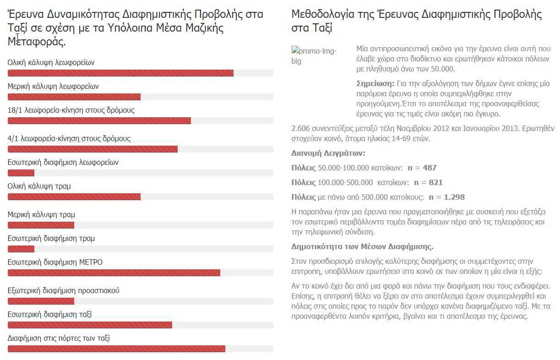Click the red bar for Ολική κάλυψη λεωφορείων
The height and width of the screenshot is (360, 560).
(x=120, y=73)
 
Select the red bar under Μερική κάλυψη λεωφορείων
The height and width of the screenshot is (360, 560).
(x=74, y=97)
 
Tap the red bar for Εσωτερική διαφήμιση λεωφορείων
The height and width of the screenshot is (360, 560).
(x=21, y=173)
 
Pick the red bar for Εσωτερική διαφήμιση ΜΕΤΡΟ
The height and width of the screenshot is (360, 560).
(x=114, y=273)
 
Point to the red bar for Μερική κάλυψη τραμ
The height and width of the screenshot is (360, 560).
(x=41, y=225)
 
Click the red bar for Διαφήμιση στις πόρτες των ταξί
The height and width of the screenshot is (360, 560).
(x=116, y=349)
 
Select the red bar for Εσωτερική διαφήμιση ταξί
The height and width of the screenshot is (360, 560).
(x=90, y=325)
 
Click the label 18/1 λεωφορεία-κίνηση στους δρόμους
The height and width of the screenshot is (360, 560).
(x=71, y=110)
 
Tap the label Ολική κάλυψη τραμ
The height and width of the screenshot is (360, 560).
(x=39, y=186)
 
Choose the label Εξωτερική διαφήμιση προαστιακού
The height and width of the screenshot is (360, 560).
(x=64, y=290)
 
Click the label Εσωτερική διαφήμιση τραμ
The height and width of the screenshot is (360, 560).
(x=51, y=238)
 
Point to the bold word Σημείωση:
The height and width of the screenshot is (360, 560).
(x=375, y=83)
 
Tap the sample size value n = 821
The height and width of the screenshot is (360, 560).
(x=428, y=182)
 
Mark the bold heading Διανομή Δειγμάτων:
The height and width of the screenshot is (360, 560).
(x=328, y=153)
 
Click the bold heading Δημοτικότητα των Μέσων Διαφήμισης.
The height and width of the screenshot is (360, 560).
(x=362, y=246)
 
